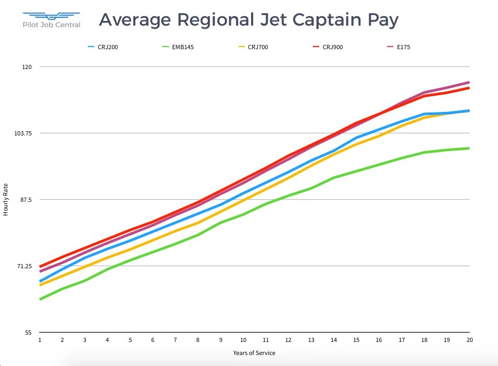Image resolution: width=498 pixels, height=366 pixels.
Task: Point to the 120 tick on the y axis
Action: click(x=27, y=67)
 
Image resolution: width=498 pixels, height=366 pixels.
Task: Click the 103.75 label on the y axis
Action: click(x=24, y=133)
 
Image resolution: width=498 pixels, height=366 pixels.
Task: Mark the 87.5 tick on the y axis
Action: click(x=26, y=200)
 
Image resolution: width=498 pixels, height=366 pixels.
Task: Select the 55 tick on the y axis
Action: click(x=28, y=333)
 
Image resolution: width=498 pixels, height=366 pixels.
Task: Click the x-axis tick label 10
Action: click(x=243, y=340)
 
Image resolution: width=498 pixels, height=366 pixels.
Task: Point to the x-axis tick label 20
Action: click(x=469, y=340)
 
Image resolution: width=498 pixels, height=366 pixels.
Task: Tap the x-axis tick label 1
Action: click(x=40, y=340)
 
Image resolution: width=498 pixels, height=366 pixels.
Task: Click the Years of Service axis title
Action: click(x=254, y=353)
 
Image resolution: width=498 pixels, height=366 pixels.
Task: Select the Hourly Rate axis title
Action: click(x=6, y=199)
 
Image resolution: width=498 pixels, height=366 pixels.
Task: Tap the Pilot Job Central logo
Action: click(x=52, y=20)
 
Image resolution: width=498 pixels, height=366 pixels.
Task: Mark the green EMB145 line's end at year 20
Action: click(x=469, y=148)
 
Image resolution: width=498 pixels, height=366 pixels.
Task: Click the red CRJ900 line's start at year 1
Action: click(x=40, y=267)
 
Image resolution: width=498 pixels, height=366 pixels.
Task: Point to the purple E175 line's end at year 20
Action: click(x=469, y=82)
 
